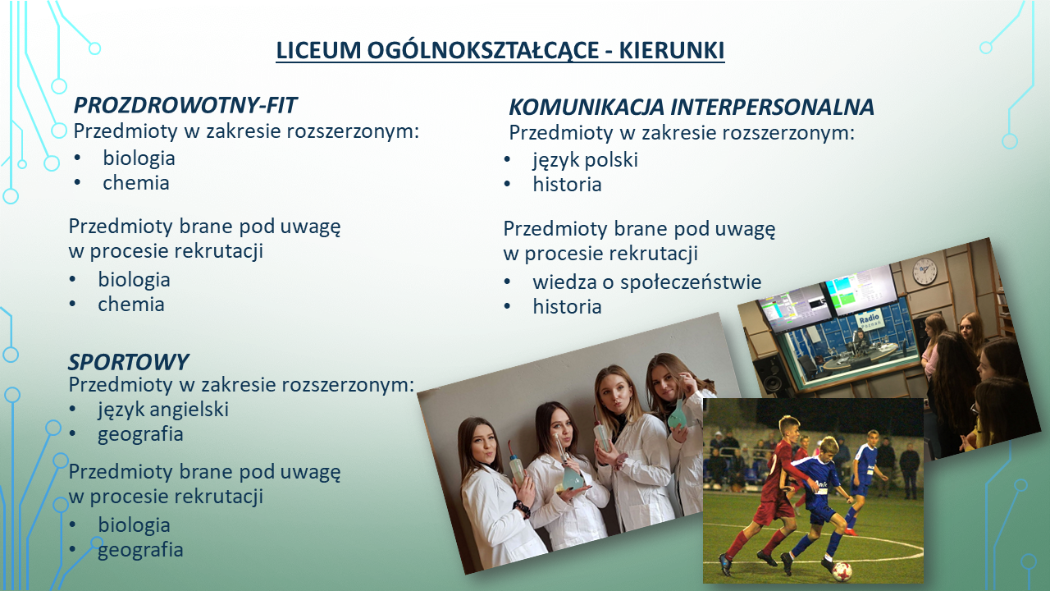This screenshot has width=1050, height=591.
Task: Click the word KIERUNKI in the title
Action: point(672,51)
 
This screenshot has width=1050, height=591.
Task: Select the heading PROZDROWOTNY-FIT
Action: point(185,105)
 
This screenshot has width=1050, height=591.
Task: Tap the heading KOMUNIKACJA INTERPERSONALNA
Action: point(692,107)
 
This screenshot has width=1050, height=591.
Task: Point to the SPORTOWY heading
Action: point(128,362)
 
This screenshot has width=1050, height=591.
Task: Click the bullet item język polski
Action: point(585,160)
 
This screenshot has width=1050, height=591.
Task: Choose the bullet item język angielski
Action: point(163,410)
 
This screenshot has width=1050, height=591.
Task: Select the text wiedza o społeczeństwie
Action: point(647,282)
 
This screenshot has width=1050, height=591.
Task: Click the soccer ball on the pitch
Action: point(842,571)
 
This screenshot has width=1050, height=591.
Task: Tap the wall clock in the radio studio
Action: point(924,271)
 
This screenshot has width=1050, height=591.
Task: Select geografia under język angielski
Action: point(140,434)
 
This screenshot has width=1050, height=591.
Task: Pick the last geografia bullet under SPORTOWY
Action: point(140,550)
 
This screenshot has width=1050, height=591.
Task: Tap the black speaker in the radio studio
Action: point(769,375)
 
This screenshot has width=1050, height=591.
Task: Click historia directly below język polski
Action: point(567,185)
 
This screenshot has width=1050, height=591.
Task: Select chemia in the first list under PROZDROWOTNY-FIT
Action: point(136,183)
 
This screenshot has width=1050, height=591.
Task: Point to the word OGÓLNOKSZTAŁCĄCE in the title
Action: point(483,51)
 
